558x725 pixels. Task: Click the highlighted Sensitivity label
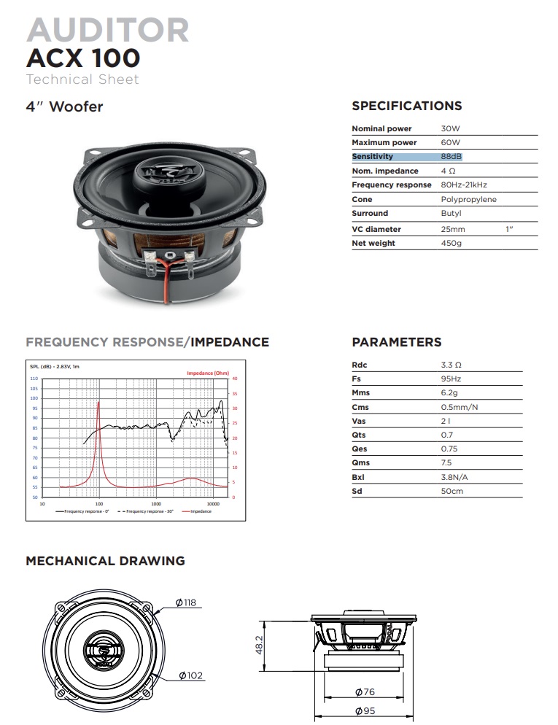click(373, 156)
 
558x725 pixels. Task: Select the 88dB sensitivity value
click(452, 156)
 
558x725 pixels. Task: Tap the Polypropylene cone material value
click(468, 199)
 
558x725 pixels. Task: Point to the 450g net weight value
click(452, 243)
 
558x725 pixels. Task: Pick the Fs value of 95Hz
click(451, 379)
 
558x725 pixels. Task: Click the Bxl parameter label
click(359, 477)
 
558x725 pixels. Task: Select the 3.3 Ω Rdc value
click(452, 365)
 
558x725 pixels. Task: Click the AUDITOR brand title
click(108, 30)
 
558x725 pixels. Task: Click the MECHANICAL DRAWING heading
click(105, 561)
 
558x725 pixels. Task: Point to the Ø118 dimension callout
click(186, 602)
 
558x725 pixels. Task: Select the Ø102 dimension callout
click(190, 675)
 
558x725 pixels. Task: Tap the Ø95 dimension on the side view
click(365, 710)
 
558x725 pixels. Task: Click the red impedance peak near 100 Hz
click(98, 403)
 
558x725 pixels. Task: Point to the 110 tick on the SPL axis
click(34, 379)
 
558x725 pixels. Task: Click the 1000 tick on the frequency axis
click(156, 503)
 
